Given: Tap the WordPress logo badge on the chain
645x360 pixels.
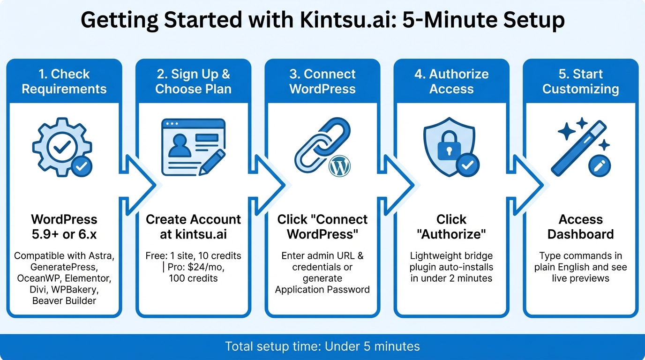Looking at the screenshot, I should (340, 166).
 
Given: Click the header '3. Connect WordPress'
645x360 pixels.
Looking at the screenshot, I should (322, 82).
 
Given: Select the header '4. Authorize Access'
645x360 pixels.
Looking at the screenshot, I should (451, 82).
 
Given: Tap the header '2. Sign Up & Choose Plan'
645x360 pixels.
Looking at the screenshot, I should (193, 82).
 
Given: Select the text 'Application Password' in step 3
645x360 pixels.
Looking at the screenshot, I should (322, 289).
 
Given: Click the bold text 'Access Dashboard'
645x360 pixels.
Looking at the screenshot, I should (580, 226).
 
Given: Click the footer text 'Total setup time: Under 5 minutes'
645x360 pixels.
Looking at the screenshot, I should (322, 346).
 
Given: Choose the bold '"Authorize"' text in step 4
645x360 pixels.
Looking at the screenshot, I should (451, 234).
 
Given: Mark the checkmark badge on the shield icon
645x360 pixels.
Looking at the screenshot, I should (467, 164).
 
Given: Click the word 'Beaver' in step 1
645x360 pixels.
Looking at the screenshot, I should (48, 300).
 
